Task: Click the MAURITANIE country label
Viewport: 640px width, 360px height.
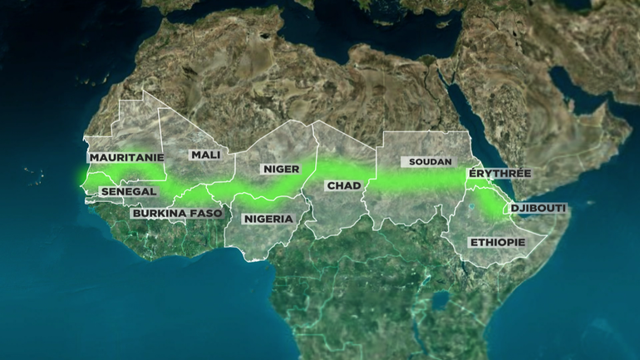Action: pyautogui.click(x=126, y=156)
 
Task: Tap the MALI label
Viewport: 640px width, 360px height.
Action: pyautogui.click(x=204, y=155)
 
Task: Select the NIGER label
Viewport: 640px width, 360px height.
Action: pyautogui.click(x=280, y=169)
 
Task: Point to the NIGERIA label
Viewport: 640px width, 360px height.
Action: pyautogui.click(x=268, y=219)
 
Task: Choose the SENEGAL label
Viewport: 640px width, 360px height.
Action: pyautogui.click(x=128, y=191)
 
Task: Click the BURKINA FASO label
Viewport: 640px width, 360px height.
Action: pyautogui.click(x=177, y=213)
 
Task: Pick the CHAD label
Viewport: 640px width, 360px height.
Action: pyautogui.click(x=342, y=185)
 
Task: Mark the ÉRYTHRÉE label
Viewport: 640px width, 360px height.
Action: pyautogui.click(x=499, y=173)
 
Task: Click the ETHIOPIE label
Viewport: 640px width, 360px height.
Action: pyautogui.click(x=497, y=242)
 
